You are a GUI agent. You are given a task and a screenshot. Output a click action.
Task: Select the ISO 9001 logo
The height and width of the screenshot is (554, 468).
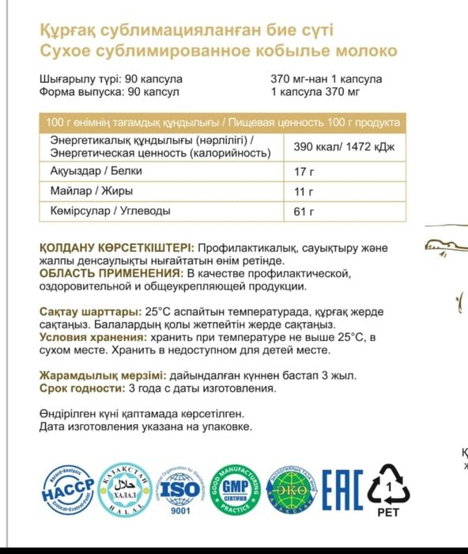pyautogui.click(x=180, y=489)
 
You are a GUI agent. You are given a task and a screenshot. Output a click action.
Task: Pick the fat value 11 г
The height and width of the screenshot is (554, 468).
pyautogui.click(x=299, y=192)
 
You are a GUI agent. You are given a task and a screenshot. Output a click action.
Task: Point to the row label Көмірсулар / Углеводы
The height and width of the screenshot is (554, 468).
pyautogui.click(x=110, y=211)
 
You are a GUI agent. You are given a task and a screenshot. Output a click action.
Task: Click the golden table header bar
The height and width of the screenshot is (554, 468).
pyautogui.click(x=222, y=123)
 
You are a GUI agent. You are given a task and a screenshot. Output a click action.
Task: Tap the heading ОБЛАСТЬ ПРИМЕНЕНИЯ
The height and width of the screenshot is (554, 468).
pyautogui.click(x=100, y=273)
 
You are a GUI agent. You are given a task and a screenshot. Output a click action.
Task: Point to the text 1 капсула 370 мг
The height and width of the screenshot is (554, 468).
pyautogui.click(x=315, y=92)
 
